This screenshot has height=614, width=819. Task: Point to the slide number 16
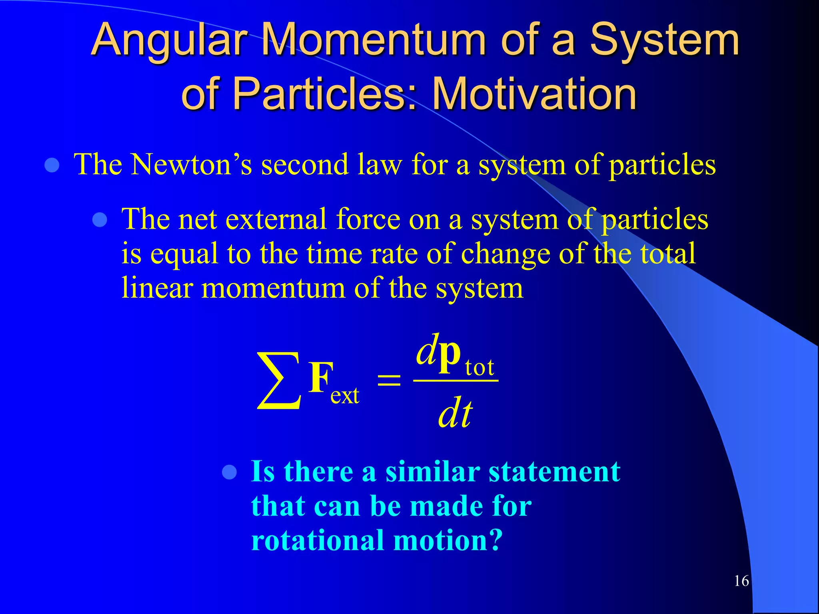pyautogui.click(x=741, y=581)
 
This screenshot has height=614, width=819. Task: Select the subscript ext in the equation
pyautogui.click(x=345, y=396)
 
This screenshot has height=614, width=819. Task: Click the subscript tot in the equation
pyautogui.click(x=479, y=367)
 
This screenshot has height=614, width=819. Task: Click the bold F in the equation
pyautogui.click(x=320, y=377)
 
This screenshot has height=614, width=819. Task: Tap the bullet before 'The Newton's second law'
pyautogui.click(x=52, y=165)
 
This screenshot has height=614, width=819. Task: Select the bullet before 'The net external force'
pyautogui.click(x=100, y=220)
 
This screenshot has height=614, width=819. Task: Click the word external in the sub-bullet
pyautogui.click(x=276, y=219)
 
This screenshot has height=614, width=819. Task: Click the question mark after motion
pyautogui.click(x=495, y=540)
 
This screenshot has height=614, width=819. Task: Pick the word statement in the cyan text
pyautogui.click(x=554, y=472)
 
